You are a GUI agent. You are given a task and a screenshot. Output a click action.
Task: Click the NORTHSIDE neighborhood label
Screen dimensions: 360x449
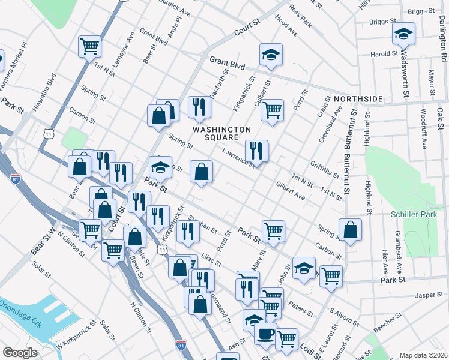click(x=358, y=98)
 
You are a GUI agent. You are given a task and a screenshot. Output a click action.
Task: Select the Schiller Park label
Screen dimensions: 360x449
click(x=411, y=215)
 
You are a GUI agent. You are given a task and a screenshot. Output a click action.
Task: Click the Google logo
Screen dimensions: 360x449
click(x=19, y=353)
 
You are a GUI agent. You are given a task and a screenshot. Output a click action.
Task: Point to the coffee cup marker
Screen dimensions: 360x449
click(x=265, y=334)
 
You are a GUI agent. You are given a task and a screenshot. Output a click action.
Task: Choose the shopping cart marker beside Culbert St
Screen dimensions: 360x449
click(x=272, y=110)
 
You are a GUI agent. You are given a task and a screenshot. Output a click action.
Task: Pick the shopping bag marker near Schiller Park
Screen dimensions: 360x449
click(x=350, y=229)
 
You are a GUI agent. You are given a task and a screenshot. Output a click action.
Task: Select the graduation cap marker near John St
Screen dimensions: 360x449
click(x=304, y=267)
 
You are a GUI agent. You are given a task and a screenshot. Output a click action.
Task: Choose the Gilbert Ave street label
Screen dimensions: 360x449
click(x=290, y=191)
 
